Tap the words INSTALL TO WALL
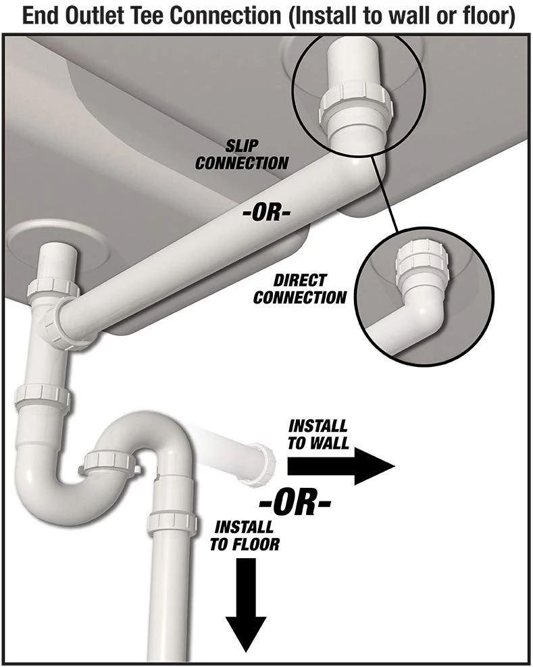pyautogui.click(x=318, y=435)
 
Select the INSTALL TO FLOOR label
pyautogui.click(x=244, y=535)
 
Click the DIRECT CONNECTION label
pyautogui.click(x=300, y=289)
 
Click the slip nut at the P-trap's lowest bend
pyautogui.click(x=108, y=462)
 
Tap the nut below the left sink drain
pyautogui.click(x=51, y=288)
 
